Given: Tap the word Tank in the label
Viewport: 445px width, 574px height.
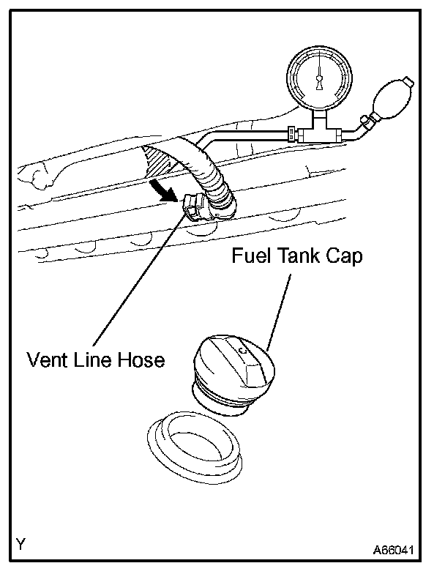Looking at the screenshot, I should [304, 257].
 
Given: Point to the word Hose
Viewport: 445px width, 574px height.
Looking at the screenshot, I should [143, 359].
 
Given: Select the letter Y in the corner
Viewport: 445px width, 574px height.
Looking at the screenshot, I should [21, 544].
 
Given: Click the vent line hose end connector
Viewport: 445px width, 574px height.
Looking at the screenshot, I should [193, 209].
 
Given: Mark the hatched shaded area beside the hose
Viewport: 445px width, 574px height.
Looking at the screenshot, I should [160, 163].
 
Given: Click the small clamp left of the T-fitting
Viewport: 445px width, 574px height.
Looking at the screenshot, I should [292, 134].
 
